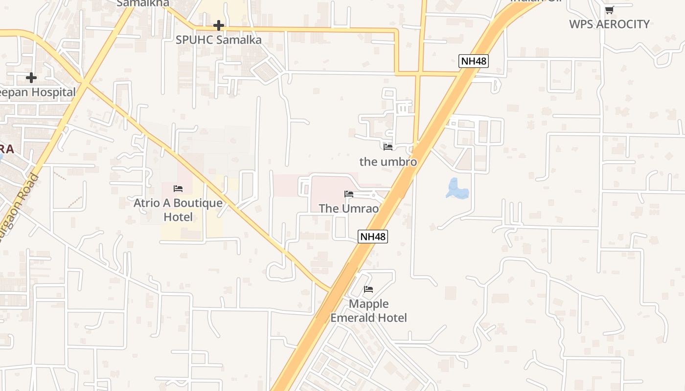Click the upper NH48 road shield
[x=473, y=61]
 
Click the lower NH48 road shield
[x=373, y=237]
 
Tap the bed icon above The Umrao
[x=349, y=194]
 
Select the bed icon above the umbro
[x=388, y=147]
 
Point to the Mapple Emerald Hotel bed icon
[x=368, y=289]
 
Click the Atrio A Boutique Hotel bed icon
[x=178, y=188]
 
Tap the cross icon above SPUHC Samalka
[x=219, y=25]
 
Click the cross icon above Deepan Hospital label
[x=31, y=77]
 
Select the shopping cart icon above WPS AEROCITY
[x=609, y=10]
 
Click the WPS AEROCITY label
[x=609, y=24]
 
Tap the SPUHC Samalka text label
[x=219, y=40]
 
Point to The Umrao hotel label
[x=349, y=209]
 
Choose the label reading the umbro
[x=388, y=161]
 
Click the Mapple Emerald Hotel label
[x=368, y=311]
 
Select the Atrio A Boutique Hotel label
[x=178, y=210]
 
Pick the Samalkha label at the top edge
[x=143, y=3]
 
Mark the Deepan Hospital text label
[x=38, y=92]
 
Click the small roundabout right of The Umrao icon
[x=373, y=195]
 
